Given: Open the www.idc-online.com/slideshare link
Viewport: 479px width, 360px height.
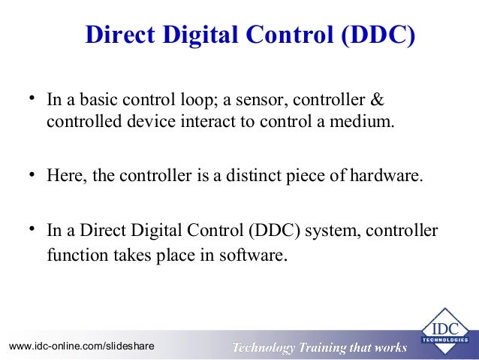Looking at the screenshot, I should click(81, 346).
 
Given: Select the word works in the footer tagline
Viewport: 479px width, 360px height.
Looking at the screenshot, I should click(390, 347).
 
